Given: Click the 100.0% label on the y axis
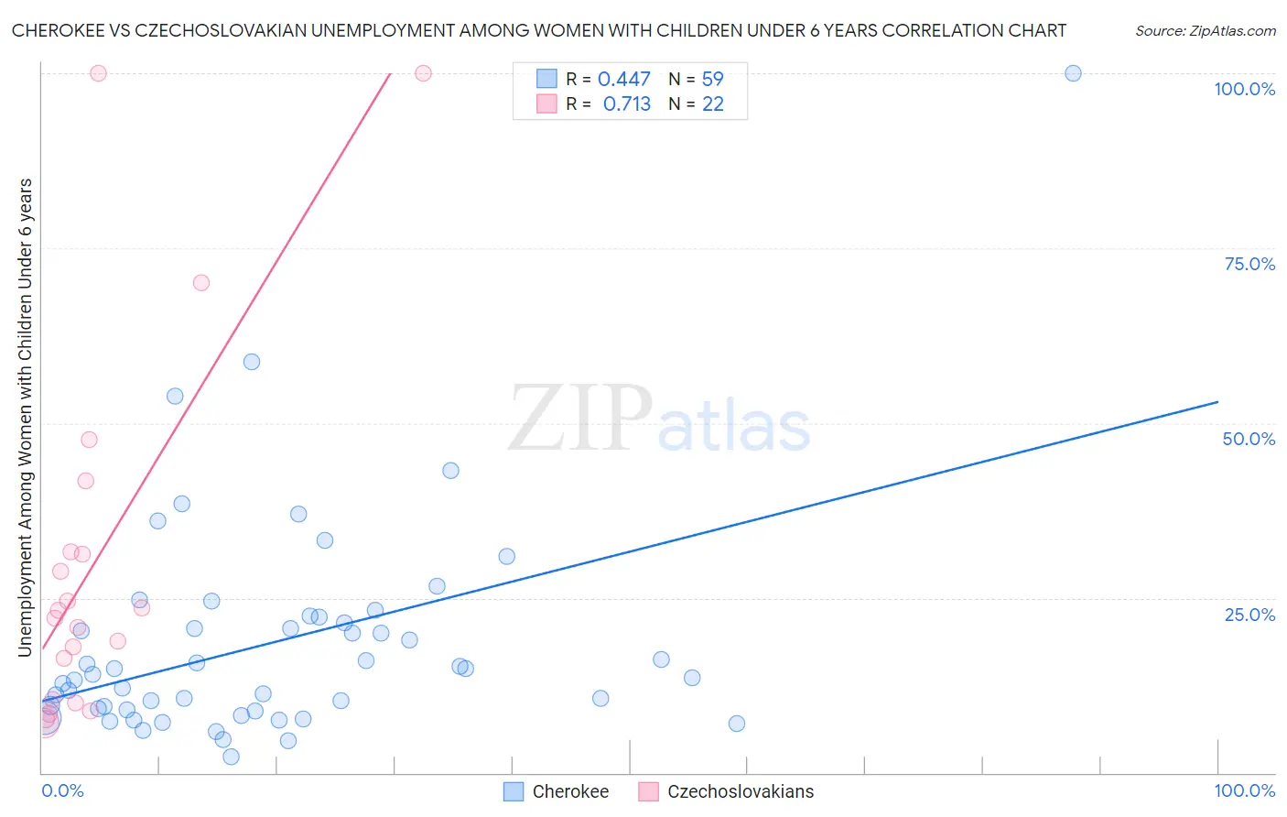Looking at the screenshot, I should (1244, 89).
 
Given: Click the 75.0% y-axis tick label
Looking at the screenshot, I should (1249, 264).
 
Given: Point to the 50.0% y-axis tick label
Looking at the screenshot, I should (1249, 439).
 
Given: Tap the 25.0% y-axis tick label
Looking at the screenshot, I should (1249, 615).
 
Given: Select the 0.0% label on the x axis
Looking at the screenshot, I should (62, 790).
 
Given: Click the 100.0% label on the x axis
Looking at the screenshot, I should (1244, 790).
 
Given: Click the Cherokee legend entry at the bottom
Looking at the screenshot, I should (557, 791).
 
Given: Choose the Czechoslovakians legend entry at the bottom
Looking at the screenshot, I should (726, 791).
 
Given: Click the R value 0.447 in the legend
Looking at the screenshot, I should (623, 80).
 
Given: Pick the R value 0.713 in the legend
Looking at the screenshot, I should (626, 104).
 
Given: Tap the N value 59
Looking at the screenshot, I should (712, 80).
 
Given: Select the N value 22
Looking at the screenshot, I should (712, 104).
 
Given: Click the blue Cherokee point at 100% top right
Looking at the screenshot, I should (1073, 73).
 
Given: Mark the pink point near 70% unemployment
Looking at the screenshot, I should (201, 283).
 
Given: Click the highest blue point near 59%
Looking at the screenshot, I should (252, 362).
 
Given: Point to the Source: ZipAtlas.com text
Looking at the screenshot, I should (1205, 31).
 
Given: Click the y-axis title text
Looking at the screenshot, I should (26, 417).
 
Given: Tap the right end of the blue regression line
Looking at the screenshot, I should (1217, 402).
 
